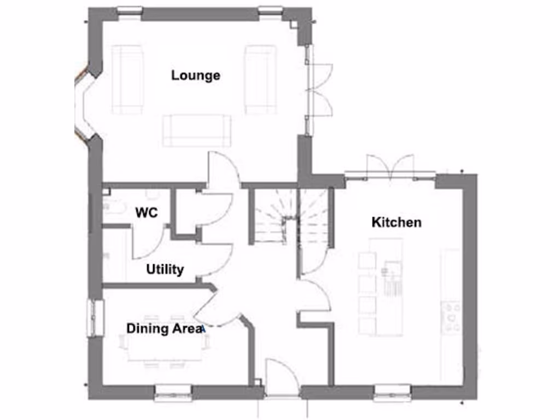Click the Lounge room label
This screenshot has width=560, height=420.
point(196,75)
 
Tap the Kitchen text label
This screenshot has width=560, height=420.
point(396,222)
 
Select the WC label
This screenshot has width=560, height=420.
point(147,212)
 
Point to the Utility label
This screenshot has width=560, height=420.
point(165,269)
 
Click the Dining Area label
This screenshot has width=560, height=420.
point(165,329)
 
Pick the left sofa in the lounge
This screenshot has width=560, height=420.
point(128,79)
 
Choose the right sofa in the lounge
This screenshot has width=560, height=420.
point(260,79)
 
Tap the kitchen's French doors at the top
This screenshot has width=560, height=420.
point(390,167)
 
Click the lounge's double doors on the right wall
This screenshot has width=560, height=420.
point(319,90)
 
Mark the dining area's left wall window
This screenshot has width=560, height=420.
point(96,318)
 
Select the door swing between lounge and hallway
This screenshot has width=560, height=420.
point(221,170)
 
